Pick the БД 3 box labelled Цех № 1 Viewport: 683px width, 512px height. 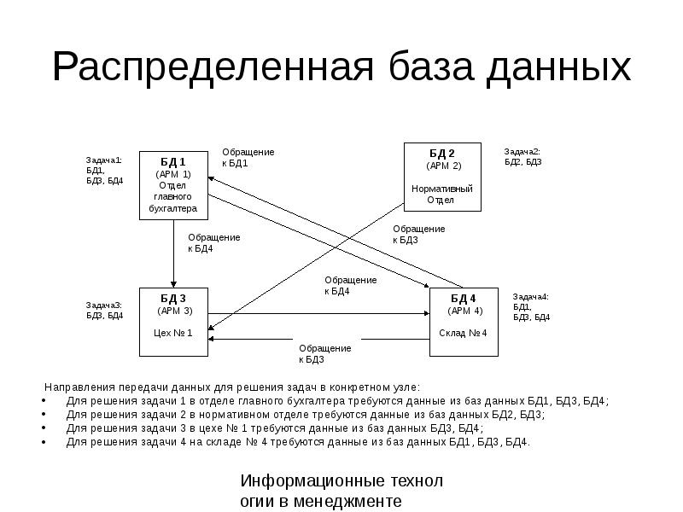coord(174,322)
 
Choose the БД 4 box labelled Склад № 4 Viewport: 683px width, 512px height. coord(463,322)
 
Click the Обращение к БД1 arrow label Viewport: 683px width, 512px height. coord(248,157)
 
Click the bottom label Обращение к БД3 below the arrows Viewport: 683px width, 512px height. coord(324,353)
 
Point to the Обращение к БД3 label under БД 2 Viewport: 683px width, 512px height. coord(418,234)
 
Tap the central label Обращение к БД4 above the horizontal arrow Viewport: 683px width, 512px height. coord(350,285)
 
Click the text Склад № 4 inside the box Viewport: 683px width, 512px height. coord(463,333)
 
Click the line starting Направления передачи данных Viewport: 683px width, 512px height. coord(232,386)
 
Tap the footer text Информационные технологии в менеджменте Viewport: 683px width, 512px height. coord(341,491)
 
